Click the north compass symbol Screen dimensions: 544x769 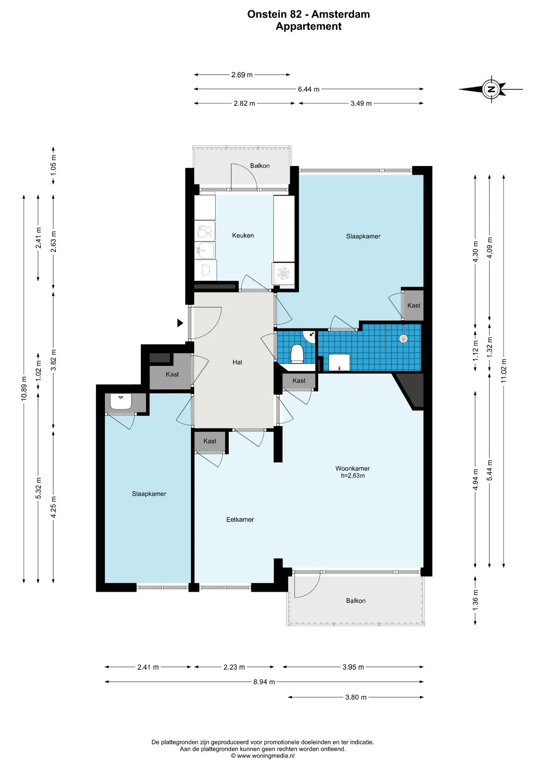(491, 89)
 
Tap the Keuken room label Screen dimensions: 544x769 (243, 236)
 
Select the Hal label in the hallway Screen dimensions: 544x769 (237, 362)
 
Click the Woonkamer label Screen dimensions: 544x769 (353, 468)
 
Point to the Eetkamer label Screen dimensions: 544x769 (240, 519)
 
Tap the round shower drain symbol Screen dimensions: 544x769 (403, 338)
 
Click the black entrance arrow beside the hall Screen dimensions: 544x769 (180, 323)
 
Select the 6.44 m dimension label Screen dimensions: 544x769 (308, 89)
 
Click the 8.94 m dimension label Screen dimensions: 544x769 (264, 682)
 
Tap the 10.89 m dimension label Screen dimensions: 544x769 (24, 389)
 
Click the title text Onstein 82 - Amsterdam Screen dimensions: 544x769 (308, 14)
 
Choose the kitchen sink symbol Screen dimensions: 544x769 (205, 250)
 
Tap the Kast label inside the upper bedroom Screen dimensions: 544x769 (414, 305)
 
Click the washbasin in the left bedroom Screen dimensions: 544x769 (121, 402)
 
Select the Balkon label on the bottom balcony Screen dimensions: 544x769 (356, 601)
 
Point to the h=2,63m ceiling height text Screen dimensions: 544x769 (353, 476)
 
